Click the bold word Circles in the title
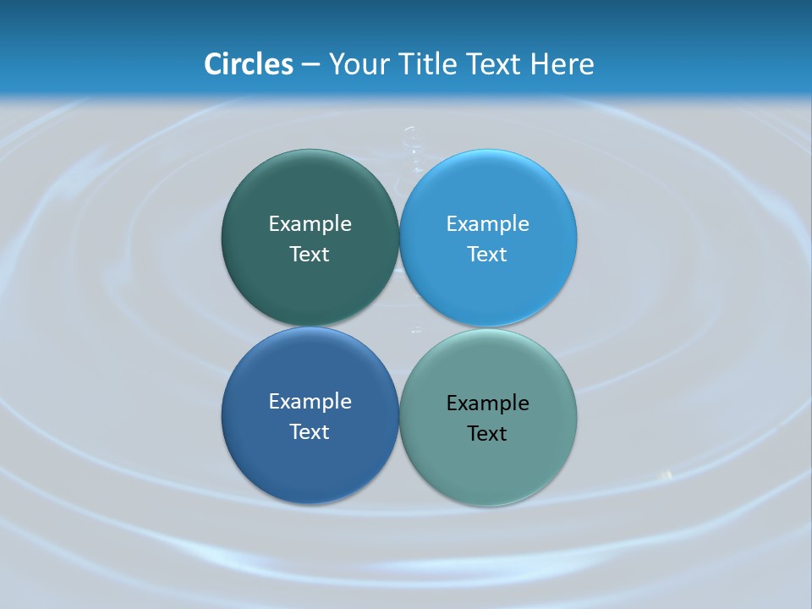click(249, 64)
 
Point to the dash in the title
click(310, 65)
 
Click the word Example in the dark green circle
click(310, 224)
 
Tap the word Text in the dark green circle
click(310, 255)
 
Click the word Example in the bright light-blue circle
click(488, 224)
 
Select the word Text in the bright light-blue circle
click(488, 255)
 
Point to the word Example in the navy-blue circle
click(310, 402)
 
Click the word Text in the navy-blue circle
click(310, 432)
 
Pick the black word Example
click(488, 403)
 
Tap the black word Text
click(488, 434)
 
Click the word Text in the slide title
click(494, 64)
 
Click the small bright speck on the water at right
click(670, 475)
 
